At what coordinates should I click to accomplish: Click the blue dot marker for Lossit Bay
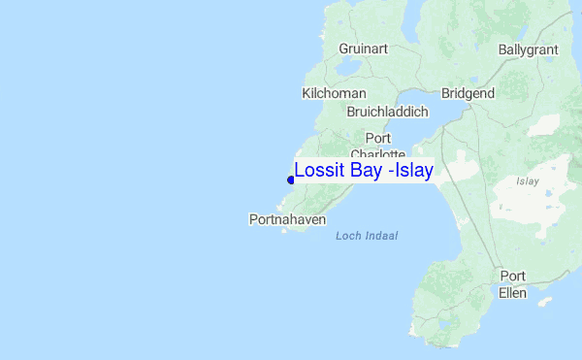click(x=291, y=180)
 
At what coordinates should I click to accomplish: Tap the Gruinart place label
click(x=364, y=49)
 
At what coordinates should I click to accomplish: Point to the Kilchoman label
click(x=334, y=93)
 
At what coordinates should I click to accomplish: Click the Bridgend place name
click(x=468, y=93)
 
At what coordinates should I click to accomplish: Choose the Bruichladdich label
click(x=387, y=112)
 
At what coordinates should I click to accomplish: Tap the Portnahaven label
click(x=286, y=219)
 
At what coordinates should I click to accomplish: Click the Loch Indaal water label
click(x=367, y=236)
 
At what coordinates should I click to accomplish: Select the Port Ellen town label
click(x=512, y=283)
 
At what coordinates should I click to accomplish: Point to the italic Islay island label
click(x=528, y=180)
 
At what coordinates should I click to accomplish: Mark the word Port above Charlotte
click(x=377, y=138)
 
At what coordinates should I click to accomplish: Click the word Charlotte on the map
click(x=377, y=154)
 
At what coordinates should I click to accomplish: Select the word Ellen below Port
click(x=512, y=292)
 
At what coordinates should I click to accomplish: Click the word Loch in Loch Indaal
click(x=348, y=236)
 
